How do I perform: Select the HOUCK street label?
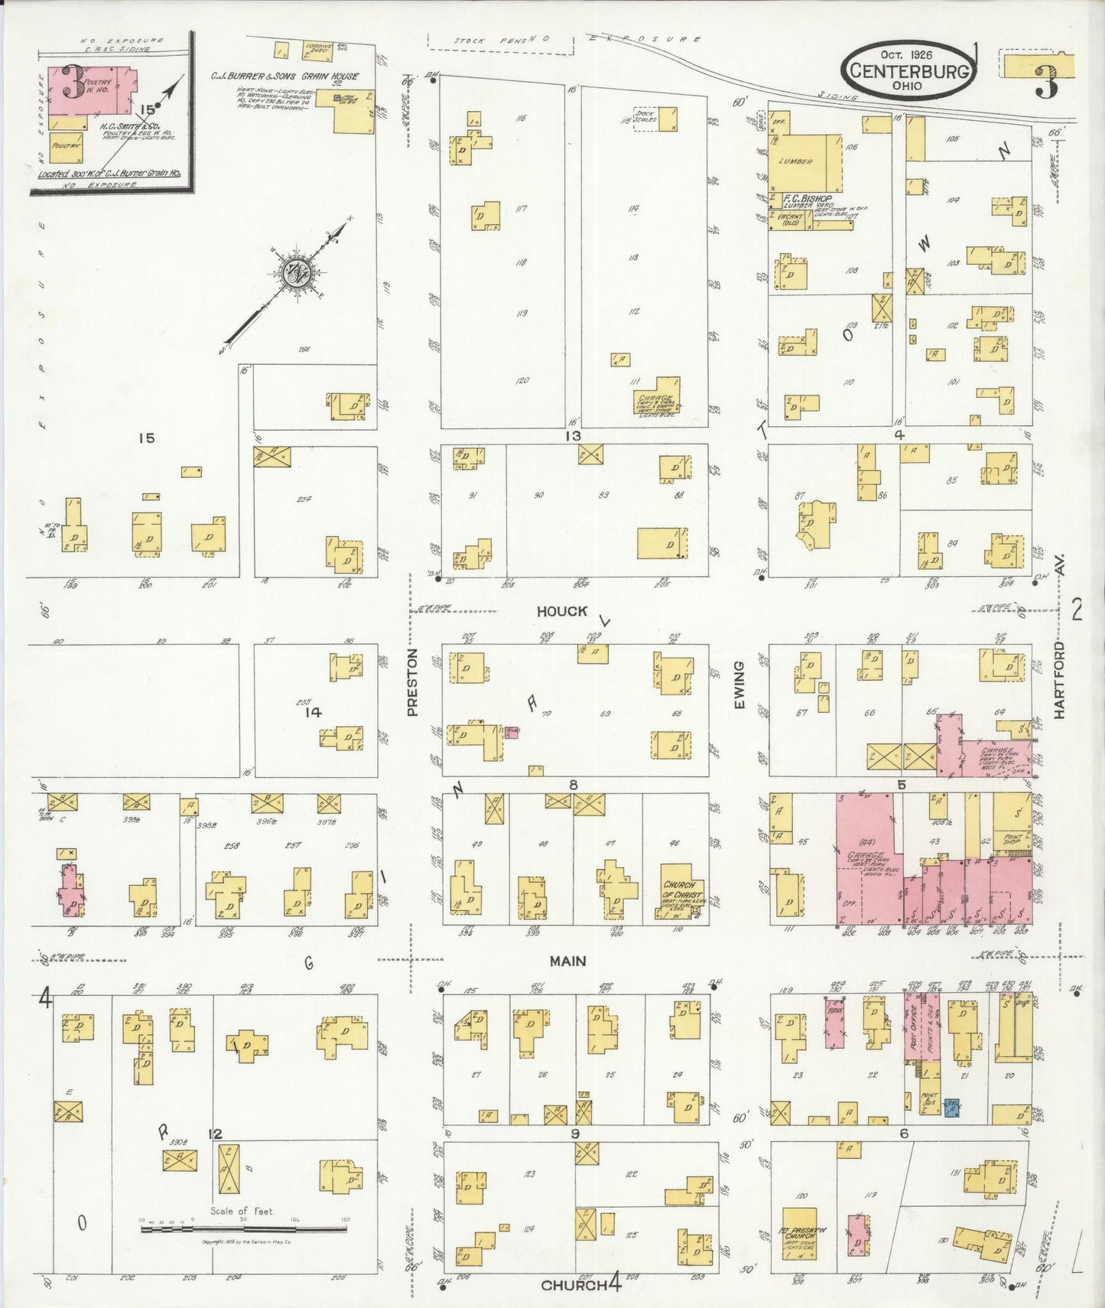561,611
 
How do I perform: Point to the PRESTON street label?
413,683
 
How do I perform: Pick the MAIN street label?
567,961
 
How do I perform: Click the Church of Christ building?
681,890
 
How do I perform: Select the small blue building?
952,1107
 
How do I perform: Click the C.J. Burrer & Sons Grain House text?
284,76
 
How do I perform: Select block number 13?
573,436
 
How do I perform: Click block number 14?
312,712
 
